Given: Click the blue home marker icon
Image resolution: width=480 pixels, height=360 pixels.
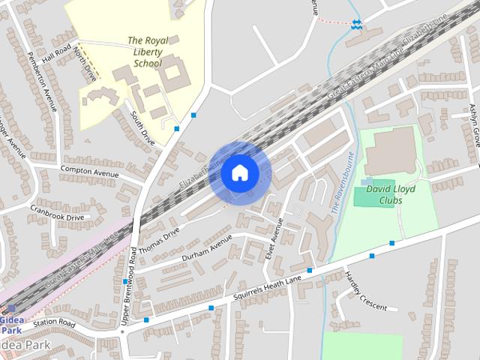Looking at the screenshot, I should click(239, 172).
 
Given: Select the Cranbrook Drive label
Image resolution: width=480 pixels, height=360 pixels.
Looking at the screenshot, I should click(57, 207).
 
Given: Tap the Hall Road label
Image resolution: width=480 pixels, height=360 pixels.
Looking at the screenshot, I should click(55, 55).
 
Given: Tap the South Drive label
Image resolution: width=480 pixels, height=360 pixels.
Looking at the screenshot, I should click(142, 127).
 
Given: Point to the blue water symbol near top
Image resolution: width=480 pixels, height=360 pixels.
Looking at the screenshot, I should click(356, 24).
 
